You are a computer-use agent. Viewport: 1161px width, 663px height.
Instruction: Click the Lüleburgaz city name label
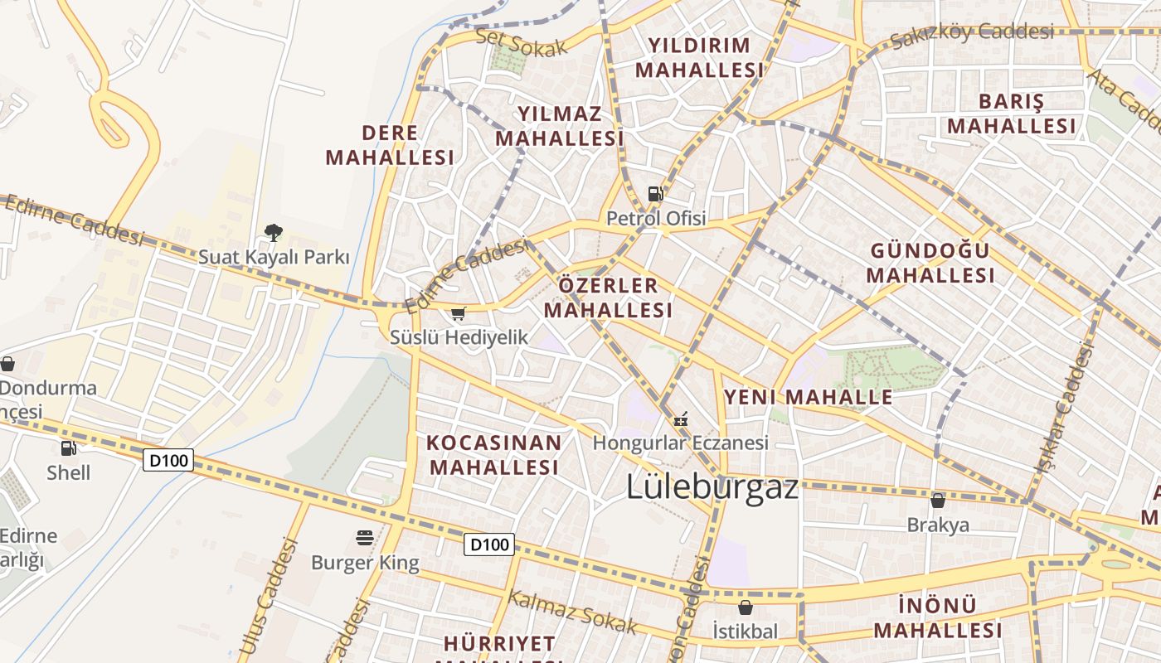[x=712, y=486]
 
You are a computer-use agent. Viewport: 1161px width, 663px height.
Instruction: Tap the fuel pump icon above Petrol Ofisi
[x=655, y=195]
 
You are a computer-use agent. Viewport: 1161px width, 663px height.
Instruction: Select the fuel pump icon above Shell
[x=68, y=448]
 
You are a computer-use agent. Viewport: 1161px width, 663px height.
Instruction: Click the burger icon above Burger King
[x=364, y=538]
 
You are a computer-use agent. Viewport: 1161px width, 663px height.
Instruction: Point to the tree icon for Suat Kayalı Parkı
[x=273, y=232]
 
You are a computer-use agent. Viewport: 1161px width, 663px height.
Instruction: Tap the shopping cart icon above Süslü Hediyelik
[x=458, y=313]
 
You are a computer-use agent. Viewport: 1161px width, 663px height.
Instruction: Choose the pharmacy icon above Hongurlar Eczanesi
[x=681, y=419]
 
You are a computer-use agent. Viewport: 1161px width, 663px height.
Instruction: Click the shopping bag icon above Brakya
[x=938, y=500]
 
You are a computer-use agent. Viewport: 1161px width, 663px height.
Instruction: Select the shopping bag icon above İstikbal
[x=745, y=607]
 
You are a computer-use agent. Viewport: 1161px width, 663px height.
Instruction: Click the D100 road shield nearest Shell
[x=168, y=460]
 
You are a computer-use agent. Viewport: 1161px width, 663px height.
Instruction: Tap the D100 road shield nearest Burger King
[x=488, y=544]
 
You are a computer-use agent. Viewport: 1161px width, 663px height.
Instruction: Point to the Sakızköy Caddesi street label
[x=972, y=34]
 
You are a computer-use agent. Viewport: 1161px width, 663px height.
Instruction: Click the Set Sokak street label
[x=522, y=42]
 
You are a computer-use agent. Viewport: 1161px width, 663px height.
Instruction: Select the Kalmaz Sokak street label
[x=572, y=612]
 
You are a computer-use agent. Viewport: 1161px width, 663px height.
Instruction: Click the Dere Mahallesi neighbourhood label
[x=390, y=145]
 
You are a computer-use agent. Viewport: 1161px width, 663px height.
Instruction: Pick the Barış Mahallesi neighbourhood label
[x=1012, y=114]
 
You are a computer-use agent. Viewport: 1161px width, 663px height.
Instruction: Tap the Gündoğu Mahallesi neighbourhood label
[x=930, y=263]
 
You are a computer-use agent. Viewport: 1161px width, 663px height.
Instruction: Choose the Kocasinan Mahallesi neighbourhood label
[x=494, y=454]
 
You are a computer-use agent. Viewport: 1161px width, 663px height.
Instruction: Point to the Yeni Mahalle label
[x=809, y=397]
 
